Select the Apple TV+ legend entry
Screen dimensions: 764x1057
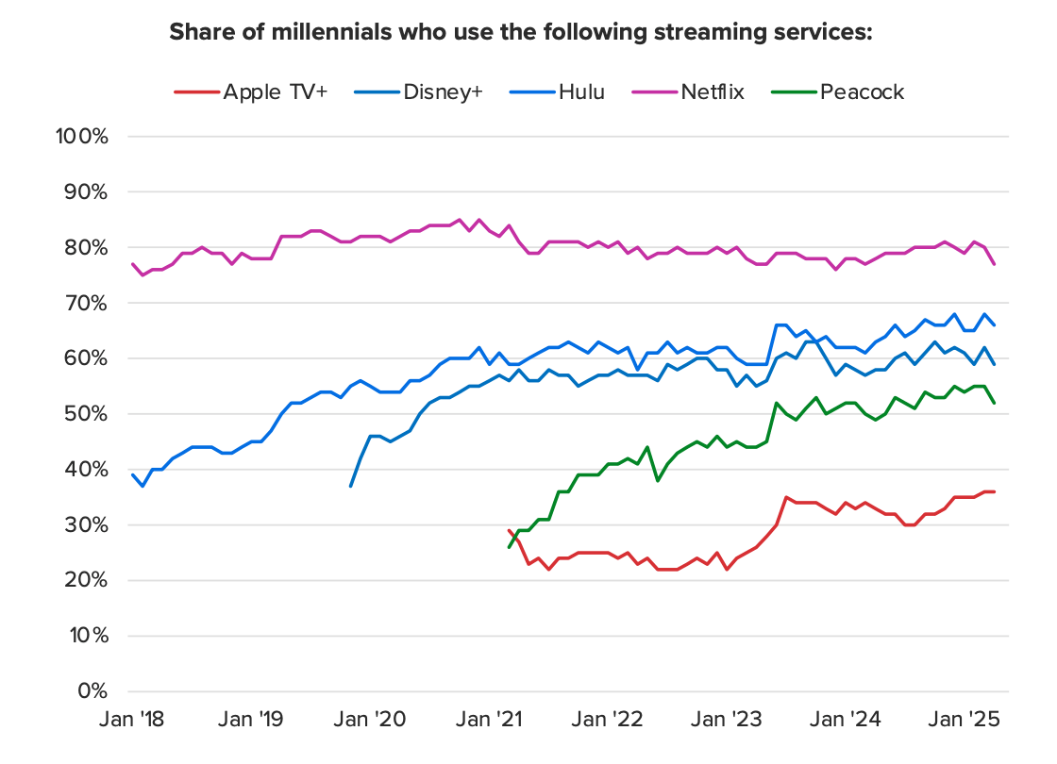pos(276,91)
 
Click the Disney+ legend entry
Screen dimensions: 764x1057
pos(443,91)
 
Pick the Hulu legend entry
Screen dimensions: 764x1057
pos(581,91)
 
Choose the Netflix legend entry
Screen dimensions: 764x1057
pos(712,91)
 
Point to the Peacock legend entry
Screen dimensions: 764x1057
pos(863,91)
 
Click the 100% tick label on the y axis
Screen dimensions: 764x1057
pos(84,136)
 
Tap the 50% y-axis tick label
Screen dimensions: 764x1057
pos(89,414)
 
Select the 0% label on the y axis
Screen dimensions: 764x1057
pos(93,691)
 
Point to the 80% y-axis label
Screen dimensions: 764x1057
pos(89,247)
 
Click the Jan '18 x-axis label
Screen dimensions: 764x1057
pos(132,720)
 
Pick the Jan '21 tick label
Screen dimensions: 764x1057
pos(492,720)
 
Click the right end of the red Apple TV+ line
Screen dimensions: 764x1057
pos(995,491)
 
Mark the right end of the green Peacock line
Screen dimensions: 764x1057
pos(995,403)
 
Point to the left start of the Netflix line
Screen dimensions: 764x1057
pos(132,264)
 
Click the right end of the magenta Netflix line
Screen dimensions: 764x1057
pos(995,264)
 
